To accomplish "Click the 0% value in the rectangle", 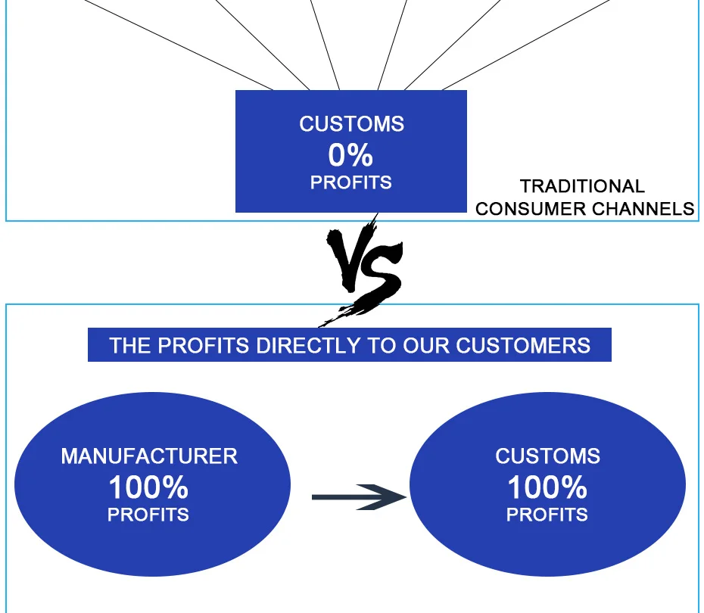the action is pos(350,155).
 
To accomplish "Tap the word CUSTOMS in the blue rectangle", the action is pos(351,124).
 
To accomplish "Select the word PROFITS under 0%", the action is pos(351,182).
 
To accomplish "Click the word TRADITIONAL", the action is pos(582,186).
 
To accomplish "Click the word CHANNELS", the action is pos(643,209).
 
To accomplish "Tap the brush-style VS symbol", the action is pos(364,269).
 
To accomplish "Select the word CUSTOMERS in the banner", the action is pos(523,345).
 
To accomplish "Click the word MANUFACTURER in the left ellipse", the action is pos(149,456).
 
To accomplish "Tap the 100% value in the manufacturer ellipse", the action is pos(148,487).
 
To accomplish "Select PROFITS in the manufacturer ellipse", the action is pos(148,515).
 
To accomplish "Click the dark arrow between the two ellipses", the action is pos(359,496).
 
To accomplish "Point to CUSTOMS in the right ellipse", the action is pos(548,456).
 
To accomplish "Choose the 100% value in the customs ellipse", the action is pos(547,487).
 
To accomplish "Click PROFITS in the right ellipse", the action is pos(547,515).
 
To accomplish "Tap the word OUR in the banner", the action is pos(426,345).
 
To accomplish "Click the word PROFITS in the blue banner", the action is pos(204,345).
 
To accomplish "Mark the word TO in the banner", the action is pos(382,345).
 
